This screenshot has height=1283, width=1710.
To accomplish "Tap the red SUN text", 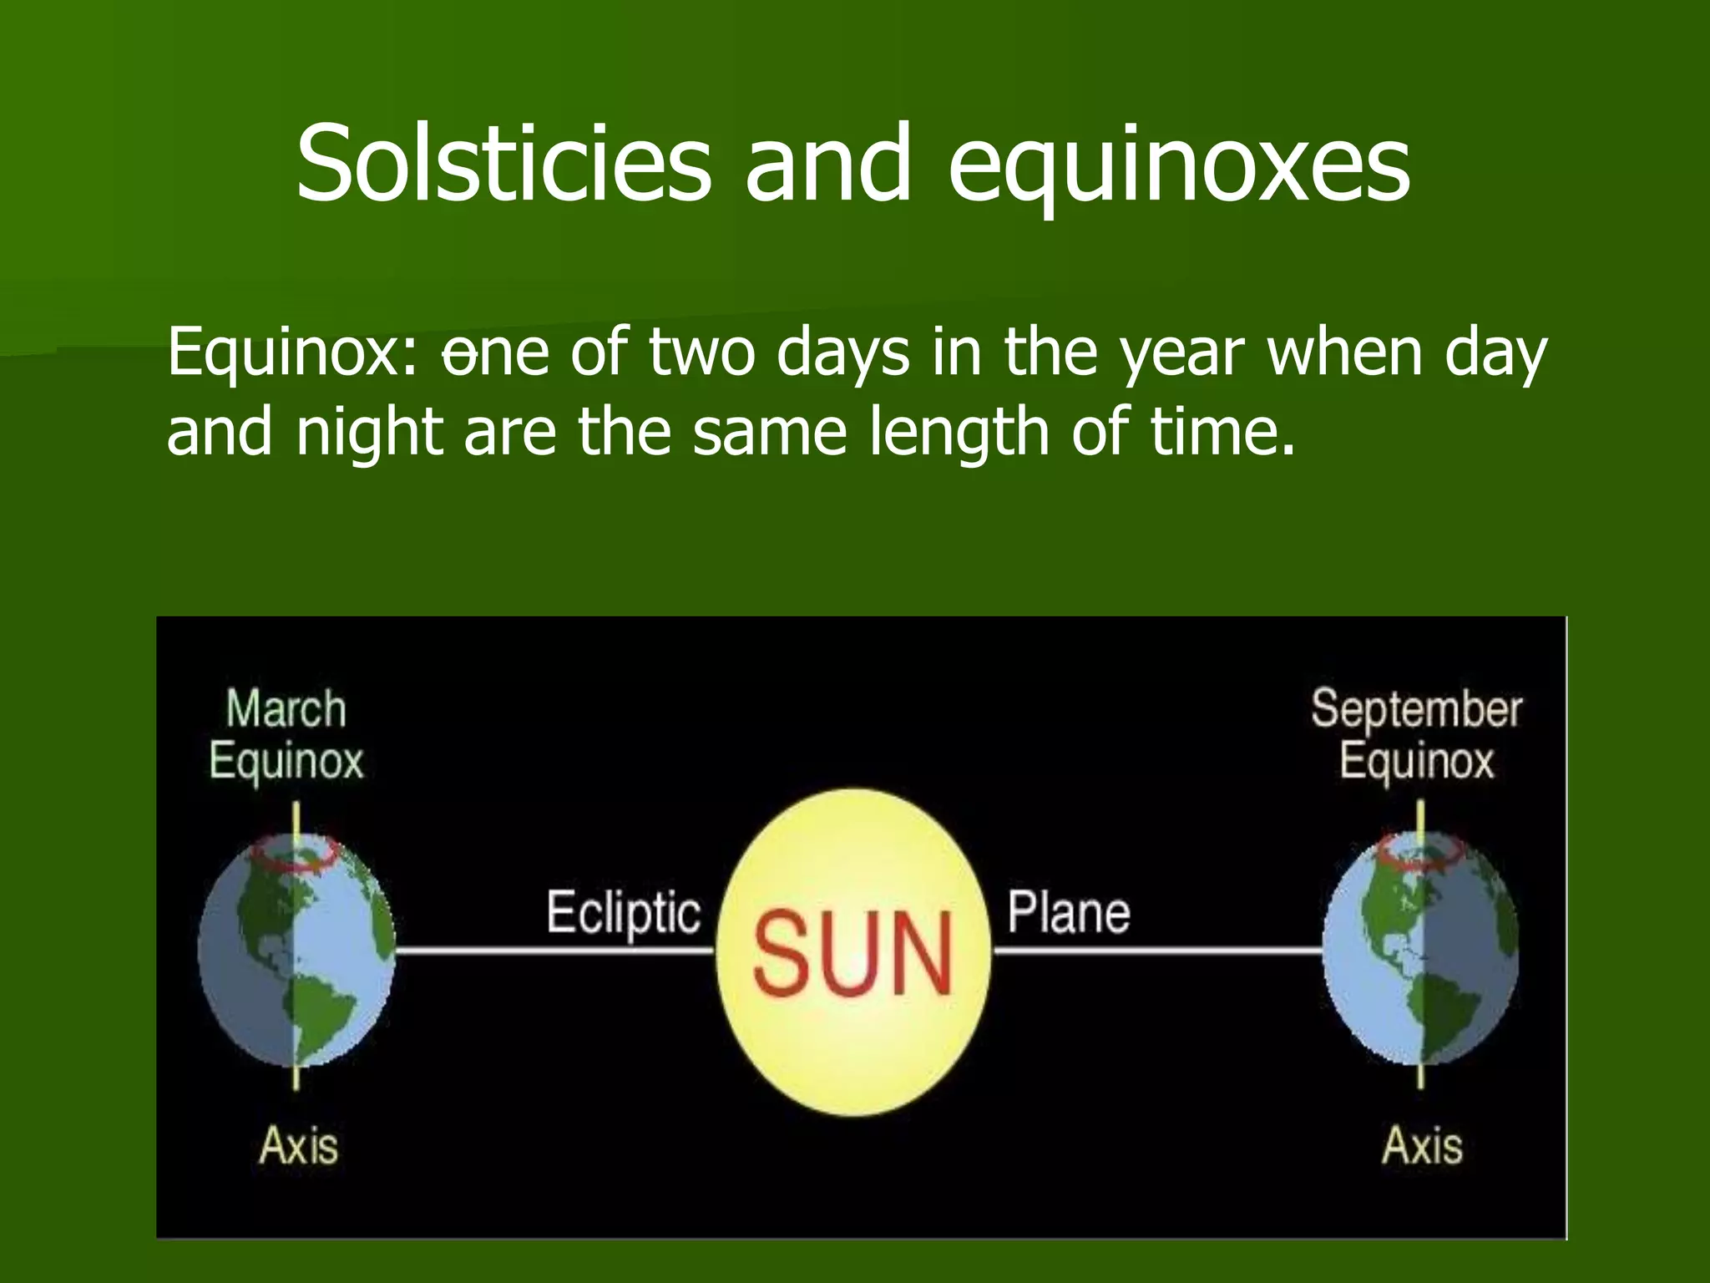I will [x=853, y=953].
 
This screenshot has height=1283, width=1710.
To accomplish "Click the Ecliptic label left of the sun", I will [x=623, y=913].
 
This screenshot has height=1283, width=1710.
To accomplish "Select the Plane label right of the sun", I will [x=1068, y=912].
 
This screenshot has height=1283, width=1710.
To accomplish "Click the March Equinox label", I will [x=286, y=735].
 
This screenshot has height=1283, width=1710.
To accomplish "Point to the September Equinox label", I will [x=1416, y=735].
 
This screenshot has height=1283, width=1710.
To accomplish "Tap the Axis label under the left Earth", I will [x=298, y=1145].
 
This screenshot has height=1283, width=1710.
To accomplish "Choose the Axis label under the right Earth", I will [x=1422, y=1145].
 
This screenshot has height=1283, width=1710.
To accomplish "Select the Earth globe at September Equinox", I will [x=1420, y=961].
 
